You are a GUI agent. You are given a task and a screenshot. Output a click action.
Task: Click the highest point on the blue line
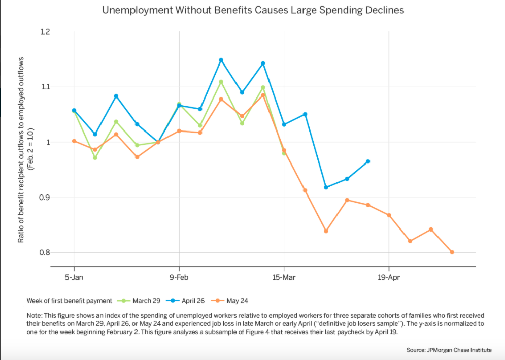[221, 60]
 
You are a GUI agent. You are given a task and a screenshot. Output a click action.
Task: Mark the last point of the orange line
[452, 252]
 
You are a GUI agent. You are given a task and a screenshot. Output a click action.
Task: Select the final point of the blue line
[368, 161]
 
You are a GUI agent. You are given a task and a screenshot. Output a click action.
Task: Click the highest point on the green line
[221, 82]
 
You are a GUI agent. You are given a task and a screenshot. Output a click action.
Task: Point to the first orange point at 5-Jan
[74, 141]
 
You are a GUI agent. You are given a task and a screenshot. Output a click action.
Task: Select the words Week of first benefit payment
[69, 301]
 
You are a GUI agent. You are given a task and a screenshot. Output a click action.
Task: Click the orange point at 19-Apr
[389, 215]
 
